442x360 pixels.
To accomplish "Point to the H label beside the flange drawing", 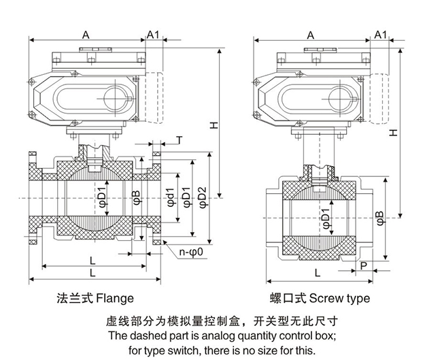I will click(x=214, y=125).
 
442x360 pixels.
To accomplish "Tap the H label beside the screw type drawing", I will click(x=393, y=135).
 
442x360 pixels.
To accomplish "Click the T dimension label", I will click(x=178, y=140).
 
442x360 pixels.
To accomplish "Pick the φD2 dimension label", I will click(x=202, y=198).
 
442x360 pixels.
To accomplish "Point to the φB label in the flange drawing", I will click(x=136, y=198).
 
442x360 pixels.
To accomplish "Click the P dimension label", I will click(x=365, y=265).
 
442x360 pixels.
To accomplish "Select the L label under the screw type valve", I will click(x=318, y=272).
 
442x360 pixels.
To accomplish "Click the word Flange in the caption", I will click(x=115, y=298).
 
